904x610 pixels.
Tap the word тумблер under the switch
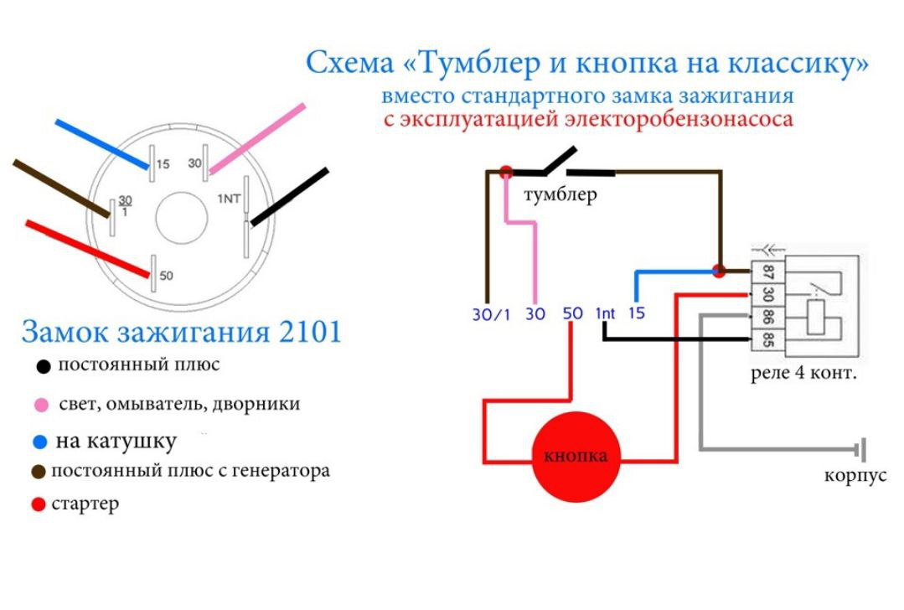point(560,196)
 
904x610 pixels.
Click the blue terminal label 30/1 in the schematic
point(490,314)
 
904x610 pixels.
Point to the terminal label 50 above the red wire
point(573,313)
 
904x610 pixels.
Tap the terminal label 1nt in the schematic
point(605,313)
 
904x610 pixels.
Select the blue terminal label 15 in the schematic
point(637,313)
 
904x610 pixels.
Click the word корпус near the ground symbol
point(855,475)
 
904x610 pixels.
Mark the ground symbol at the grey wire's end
point(860,450)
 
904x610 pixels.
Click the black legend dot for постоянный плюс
point(44,367)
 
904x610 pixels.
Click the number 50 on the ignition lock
point(166,276)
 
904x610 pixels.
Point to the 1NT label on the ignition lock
point(230,199)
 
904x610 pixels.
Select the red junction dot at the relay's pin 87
point(719,271)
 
